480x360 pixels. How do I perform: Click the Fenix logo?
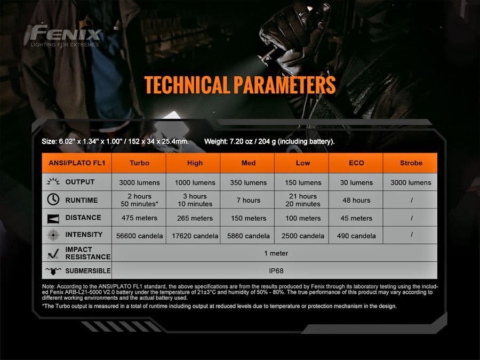pyautogui.click(x=63, y=35)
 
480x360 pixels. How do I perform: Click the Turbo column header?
pyautogui.click(x=139, y=163)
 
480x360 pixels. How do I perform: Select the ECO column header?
pyautogui.click(x=356, y=163)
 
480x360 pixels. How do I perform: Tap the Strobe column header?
pyautogui.click(x=411, y=163)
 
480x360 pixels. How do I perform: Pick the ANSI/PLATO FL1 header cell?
pyautogui.click(x=77, y=163)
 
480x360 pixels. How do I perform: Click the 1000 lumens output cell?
pyautogui.click(x=195, y=183)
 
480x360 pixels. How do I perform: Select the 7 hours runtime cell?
pyautogui.click(x=248, y=200)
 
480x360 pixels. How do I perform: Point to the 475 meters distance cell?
pyautogui.click(x=139, y=218)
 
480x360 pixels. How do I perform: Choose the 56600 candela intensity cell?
pyautogui.click(x=139, y=236)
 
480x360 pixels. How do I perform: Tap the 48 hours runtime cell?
pyautogui.click(x=356, y=200)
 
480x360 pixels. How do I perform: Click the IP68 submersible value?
pyautogui.click(x=276, y=270)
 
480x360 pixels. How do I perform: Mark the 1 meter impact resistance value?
pyautogui.click(x=276, y=253)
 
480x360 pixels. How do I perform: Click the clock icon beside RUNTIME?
pyautogui.click(x=53, y=199)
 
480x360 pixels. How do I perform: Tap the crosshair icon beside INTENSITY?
pyautogui.click(x=53, y=235)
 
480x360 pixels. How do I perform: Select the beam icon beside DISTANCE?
pyautogui.click(x=53, y=219)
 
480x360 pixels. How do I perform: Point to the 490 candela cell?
pyautogui.click(x=356, y=236)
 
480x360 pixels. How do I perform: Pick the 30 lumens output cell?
pyautogui.click(x=356, y=183)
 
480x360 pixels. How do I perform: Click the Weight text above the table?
pyautogui.click(x=269, y=141)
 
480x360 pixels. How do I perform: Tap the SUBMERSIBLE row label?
pyautogui.click(x=88, y=270)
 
